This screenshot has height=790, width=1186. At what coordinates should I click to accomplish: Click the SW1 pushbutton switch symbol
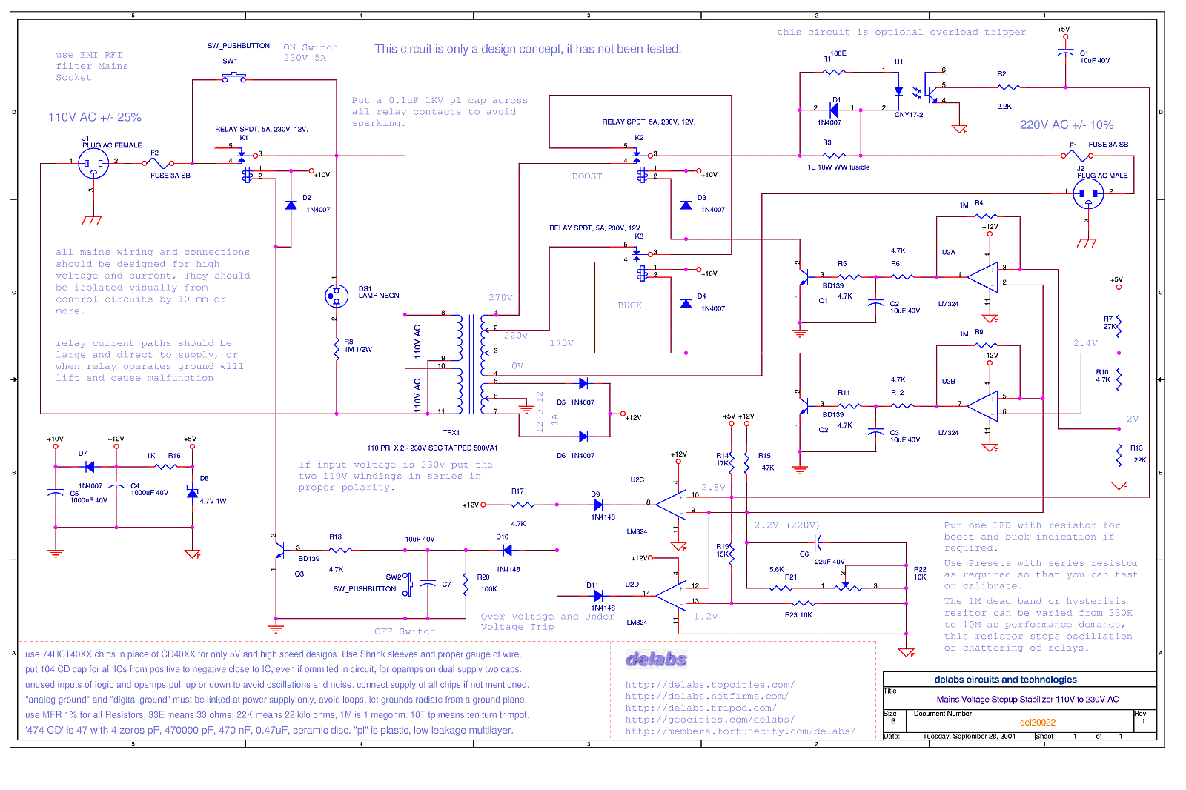pyautogui.click(x=234, y=77)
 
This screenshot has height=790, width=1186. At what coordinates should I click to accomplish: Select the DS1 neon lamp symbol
pyautogui.click(x=337, y=296)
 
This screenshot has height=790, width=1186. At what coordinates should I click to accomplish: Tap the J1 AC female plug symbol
pyautogui.click(x=93, y=163)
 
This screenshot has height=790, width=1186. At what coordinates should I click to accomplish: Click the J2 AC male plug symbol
pyautogui.click(x=1088, y=194)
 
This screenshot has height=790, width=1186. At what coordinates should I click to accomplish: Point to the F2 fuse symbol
pyautogui.click(x=158, y=162)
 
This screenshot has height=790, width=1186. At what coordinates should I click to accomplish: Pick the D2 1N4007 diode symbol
pyautogui.click(x=291, y=205)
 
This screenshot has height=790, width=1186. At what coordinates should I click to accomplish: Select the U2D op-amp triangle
pyautogui.click(x=672, y=595)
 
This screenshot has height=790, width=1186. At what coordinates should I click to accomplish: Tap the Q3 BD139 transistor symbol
pyautogui.click(x=280, y=551)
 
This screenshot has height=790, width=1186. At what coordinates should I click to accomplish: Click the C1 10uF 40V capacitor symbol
pyautogui.click(x=1065, y=53)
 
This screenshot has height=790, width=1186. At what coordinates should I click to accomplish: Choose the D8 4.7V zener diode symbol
pyautogui.click(x=193, y=493)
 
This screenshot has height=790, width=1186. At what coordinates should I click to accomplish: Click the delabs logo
pyautogui.click(x=656, y=659)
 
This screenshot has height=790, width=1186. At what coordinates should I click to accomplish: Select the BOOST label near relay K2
pyautogui.click(x=587, y=176)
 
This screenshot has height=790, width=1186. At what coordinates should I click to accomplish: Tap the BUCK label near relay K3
pyautogui.click(x=630, y=305)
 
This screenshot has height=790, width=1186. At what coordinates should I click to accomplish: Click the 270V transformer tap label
pyautogui.click(x=500, y=298)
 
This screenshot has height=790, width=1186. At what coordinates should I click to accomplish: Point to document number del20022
pyautogui.click(x=1037, y=723)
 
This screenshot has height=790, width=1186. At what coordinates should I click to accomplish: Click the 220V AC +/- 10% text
pyautogui.click(x=1066, y=125)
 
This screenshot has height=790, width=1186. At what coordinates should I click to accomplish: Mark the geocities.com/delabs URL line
pyautogui.click(x=709, y=720)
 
